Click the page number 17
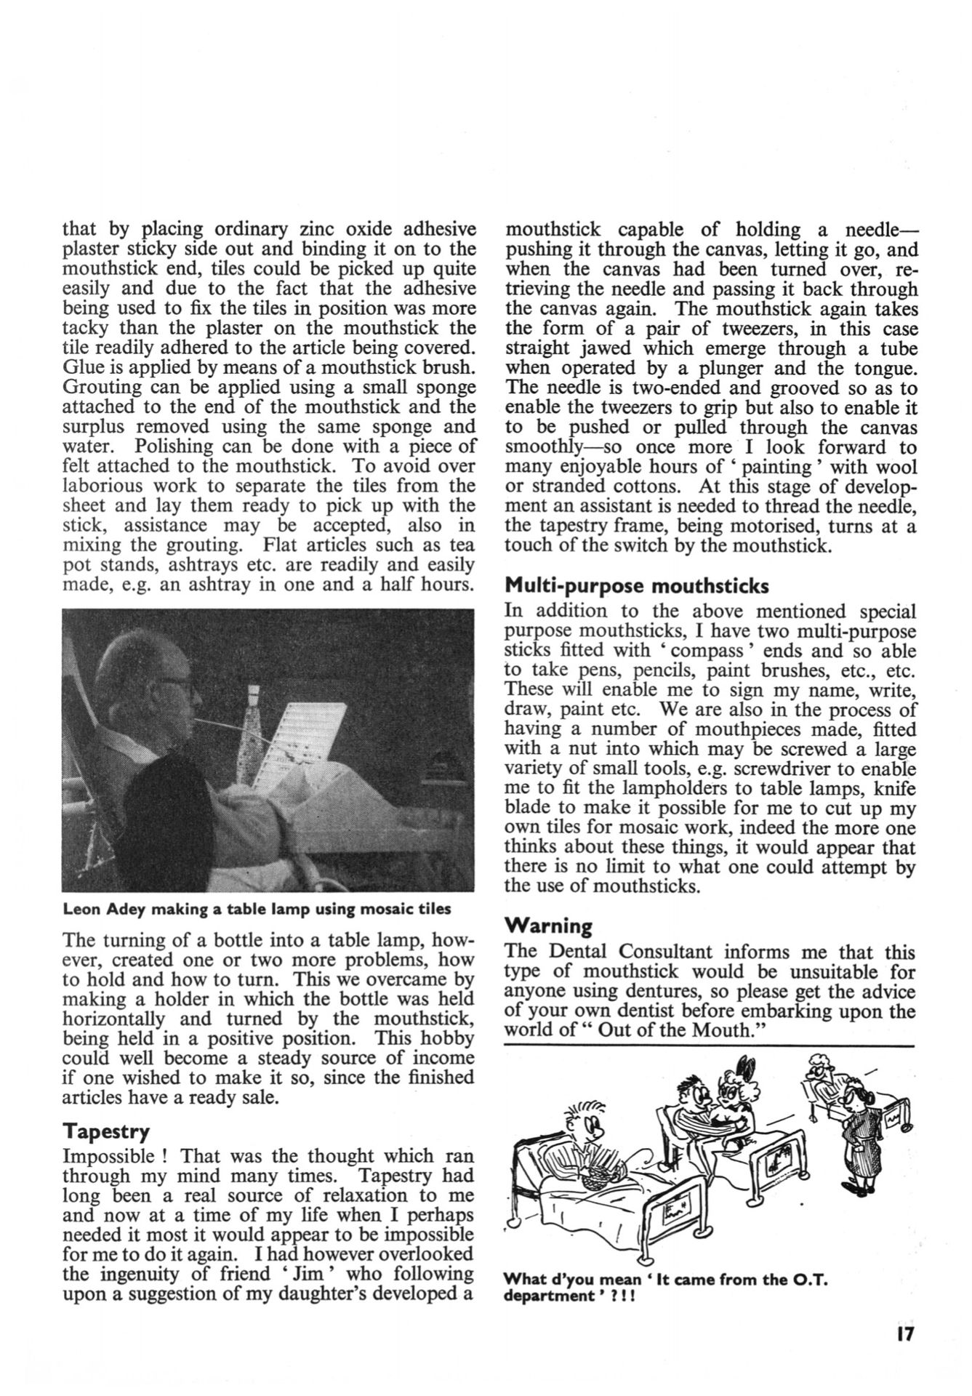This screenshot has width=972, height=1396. click(x=904, y=1335)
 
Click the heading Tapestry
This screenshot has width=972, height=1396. click(x=106, y=1132)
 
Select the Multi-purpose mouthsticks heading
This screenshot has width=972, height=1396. click(x=637, y=585)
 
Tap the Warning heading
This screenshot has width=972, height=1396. click(x=548, y=926)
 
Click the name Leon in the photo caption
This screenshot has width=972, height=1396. click(x=81, y=909)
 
